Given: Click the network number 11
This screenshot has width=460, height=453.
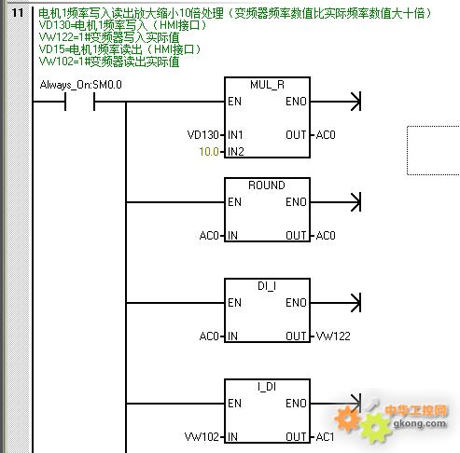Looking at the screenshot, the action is point(18,13).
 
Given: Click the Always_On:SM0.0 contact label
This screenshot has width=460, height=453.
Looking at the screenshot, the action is point(81,85).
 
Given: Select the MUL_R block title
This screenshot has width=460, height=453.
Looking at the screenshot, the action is point(267,85).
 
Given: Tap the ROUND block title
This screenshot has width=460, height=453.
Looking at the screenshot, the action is point(267,185).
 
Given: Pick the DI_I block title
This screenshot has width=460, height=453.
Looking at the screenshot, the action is point(267,286).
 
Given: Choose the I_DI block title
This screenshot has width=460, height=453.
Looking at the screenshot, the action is point(267,387).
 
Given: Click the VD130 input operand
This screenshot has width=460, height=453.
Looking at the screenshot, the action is point(203,135).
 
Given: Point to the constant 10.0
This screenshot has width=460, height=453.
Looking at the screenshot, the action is point(209,152).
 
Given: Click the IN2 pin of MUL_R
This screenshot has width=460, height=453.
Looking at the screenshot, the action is point(236,152).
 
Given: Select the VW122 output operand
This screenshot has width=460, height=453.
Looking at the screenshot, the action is point(333,336).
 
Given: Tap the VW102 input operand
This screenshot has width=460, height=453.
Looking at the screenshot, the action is point(202,437).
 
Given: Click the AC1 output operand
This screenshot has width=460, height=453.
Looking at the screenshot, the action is point(325,437).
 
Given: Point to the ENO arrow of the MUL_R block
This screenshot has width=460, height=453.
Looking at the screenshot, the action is point(336,102).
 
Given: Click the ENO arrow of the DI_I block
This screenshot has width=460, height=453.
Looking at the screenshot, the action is point(336,303).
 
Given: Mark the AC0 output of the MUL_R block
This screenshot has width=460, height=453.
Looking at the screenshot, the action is point(326,135).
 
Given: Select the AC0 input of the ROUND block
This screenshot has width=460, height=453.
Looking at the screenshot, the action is point(209,236).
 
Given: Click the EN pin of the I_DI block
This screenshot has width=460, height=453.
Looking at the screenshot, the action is point(234,404).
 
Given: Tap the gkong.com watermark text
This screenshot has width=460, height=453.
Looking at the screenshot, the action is point(419,423).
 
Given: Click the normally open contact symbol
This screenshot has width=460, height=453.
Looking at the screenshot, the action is point(79,102).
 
